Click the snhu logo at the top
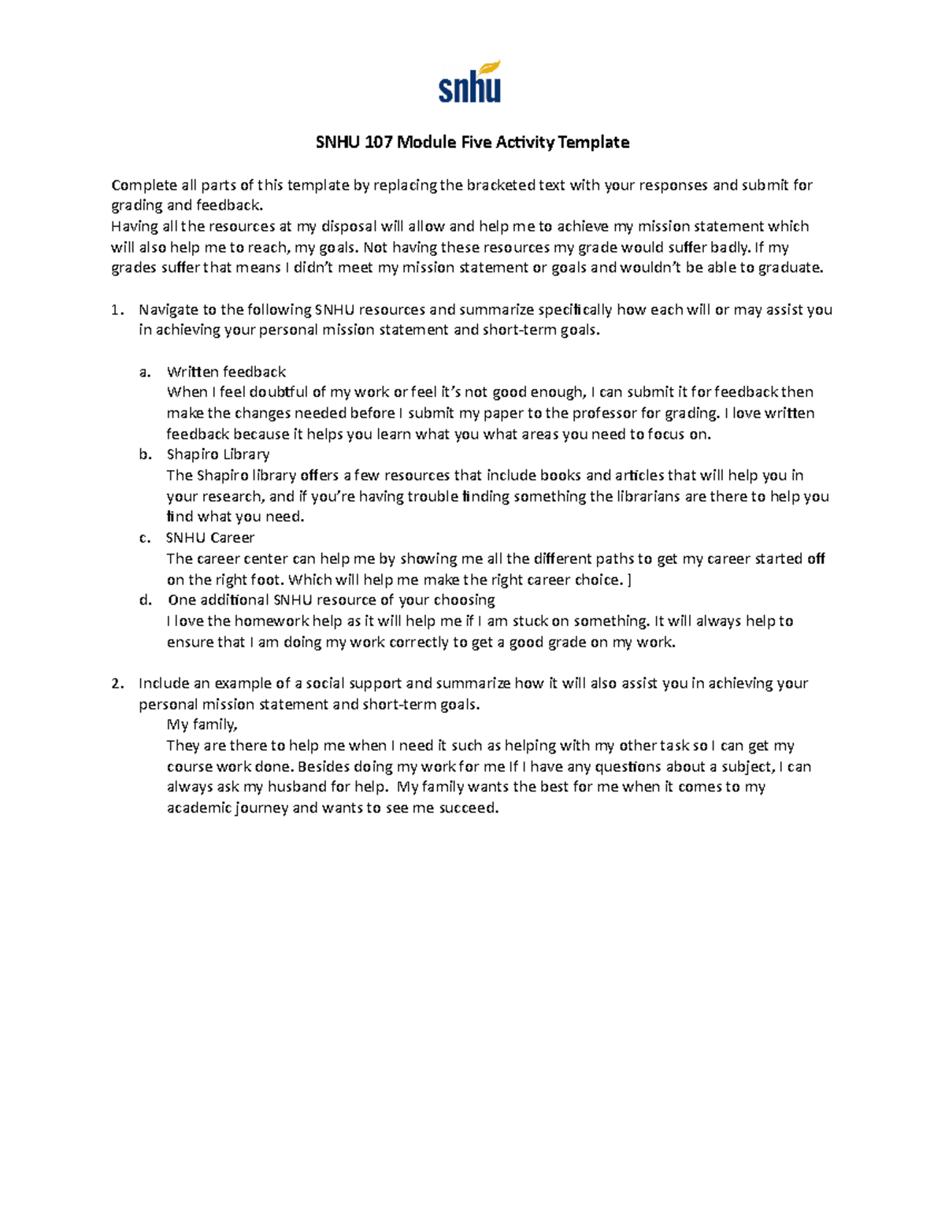[469, 82]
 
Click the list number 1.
[117, 310]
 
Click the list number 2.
[117, 684]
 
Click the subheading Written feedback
[226, 372]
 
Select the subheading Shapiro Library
[218, 454]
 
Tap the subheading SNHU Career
[210, 538]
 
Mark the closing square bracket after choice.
[628, 580]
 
